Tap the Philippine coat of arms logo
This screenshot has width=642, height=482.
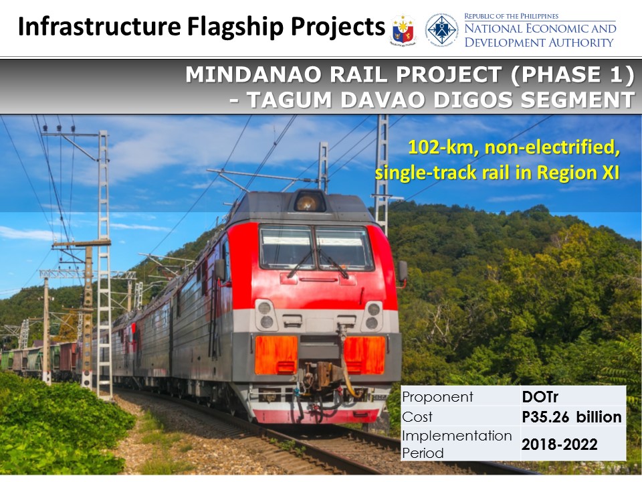point(403,30)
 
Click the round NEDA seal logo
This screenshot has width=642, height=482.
point(441,29)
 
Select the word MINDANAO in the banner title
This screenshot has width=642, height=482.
point(253,74)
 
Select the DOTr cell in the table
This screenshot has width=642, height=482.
point(540,397)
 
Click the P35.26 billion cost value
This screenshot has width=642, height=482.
point(572,417)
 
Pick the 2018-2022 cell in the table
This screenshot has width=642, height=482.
point(559,445)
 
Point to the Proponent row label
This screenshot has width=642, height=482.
point(437,397)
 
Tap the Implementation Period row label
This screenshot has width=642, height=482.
point(457,444)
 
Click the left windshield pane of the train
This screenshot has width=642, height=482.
point(288,247)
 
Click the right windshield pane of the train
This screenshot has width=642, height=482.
point(344,248)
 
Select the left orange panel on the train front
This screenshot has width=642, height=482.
point(276,355)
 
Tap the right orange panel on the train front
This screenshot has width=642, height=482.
point(364,355)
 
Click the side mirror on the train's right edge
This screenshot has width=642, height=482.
point(403,271)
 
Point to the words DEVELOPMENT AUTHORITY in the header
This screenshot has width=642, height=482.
point(539,42)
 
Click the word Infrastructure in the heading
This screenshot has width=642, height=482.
point(100,26)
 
